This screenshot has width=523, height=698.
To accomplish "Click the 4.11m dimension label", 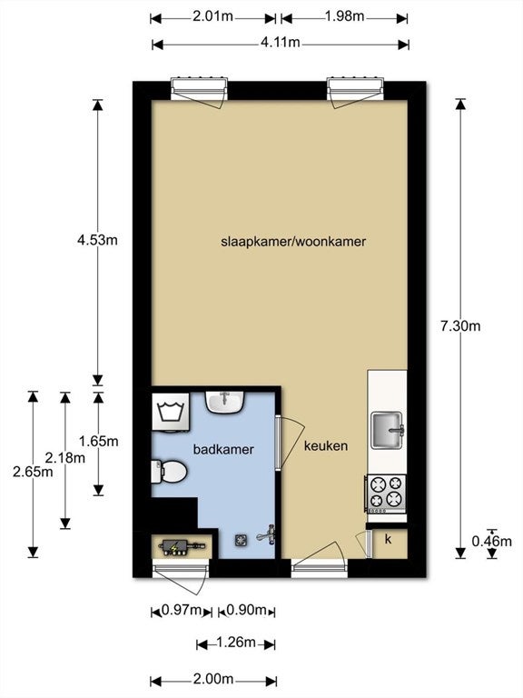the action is pyautogui.click(x=281, y=43).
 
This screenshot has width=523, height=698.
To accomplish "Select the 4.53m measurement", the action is pyautogui.click(x=97, y=240).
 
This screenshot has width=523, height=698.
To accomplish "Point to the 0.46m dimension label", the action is pyautogui.click(x=492, y=542).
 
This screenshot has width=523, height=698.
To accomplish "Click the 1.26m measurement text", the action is pyautogui.click(x=236, y=643).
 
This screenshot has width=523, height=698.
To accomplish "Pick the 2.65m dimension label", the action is pyautogui.click(x=33, y=472).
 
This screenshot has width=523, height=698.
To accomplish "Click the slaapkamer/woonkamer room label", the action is pyautogui.click(x=293, y=242).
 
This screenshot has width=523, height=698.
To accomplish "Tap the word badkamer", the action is pyautogui.click(x=223, y=449).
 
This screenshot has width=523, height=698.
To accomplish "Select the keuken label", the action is pyautogui.click(x=326, y=446).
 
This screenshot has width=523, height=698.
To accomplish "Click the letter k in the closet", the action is pyautogui.click(x=389, y=540).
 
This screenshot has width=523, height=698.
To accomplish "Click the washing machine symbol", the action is pyautogui.click(x=171, y=412).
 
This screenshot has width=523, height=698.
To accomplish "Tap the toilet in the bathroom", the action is pyautogui.click(x=169, y=472).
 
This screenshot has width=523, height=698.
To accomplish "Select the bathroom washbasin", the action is pyautogui.click(x=225, y=402).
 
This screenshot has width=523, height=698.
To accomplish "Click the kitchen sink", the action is pyautogui.click(x=388, y=430).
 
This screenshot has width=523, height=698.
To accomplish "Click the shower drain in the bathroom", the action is pyautogui.click(x=241, y=540).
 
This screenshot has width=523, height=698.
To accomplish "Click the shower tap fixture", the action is pyautogui.click(x=267, y=534).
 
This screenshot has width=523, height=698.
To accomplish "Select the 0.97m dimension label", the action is pyautogui.click(x=182, y=610).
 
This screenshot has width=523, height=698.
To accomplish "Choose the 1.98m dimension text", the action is pyautogui.click(x=345, y=16).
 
